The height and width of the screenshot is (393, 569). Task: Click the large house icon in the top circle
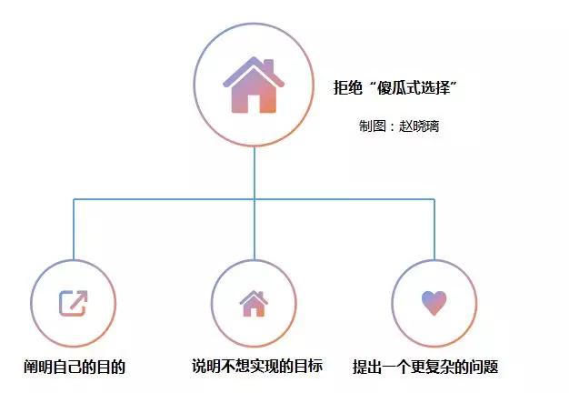pos(254,86)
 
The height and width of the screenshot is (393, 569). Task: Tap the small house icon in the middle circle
pos(254,303)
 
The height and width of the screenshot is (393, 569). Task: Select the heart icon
pos(434,303)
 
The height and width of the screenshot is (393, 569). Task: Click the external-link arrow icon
pos(74,303)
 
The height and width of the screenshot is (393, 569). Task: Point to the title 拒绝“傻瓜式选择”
pos(394,88)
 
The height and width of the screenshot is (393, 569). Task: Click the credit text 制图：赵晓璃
pos(399,126)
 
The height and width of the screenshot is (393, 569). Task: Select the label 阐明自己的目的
pos(75,368)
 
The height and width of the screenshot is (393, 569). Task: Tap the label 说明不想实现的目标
pos(257,368)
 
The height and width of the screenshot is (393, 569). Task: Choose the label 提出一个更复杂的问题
pos(425,368)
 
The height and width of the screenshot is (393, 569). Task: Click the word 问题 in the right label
pos(484,368)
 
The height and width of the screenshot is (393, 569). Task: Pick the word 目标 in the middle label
pos(308,368)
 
